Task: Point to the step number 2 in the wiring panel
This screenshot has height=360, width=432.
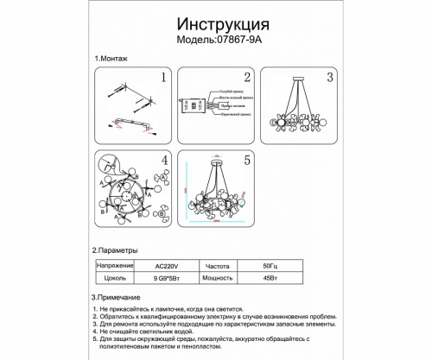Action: (x=245, y=79)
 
